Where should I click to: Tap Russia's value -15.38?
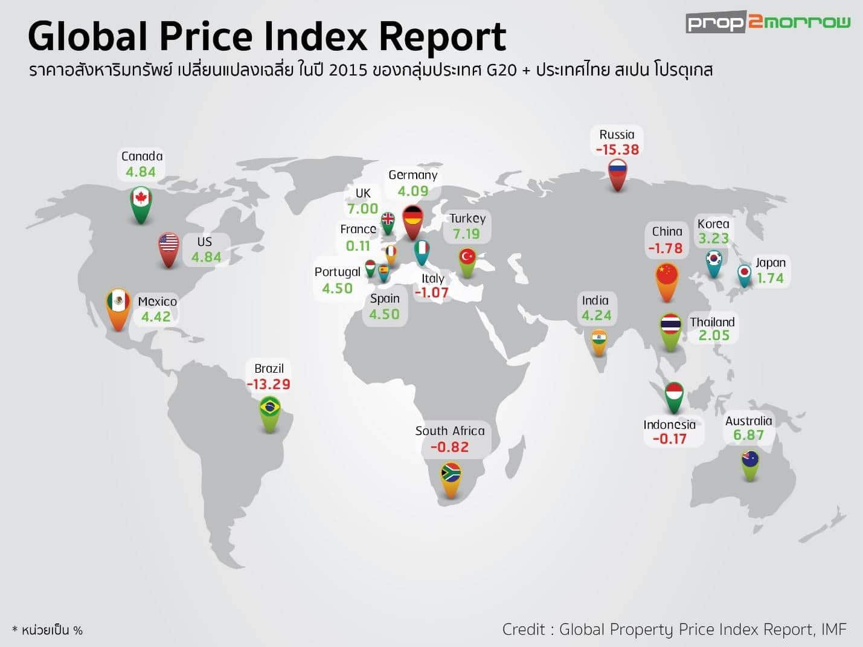[x=617, y=149]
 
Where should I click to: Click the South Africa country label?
[x=450, y=431]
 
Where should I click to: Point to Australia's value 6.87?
[x=748, y=435]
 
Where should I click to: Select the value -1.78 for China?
[x=666, y=248]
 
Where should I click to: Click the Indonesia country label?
[x=669, y=424]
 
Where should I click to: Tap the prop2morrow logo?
[x=768, y=23]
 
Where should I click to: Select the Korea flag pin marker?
[x=714, y=260]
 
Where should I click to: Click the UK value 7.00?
[x=362, y=208]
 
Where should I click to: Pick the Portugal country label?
[x=337, y=272]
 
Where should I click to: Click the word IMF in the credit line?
[x=833, y=629]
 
